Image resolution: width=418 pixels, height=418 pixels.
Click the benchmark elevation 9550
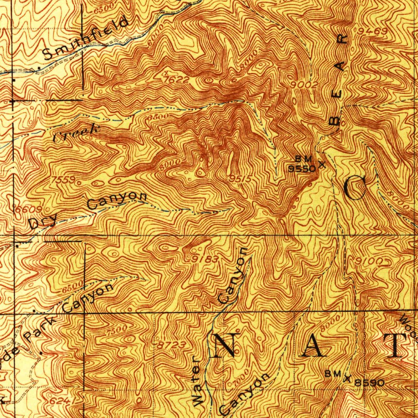point(302,169)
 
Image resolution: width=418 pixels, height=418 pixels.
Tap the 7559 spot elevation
point(64,180)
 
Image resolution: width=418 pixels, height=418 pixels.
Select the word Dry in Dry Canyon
point(39,223)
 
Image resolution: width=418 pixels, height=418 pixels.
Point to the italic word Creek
point(76,133)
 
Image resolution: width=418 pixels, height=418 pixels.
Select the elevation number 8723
point(172,345)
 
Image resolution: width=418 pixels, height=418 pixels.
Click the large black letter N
point(224,345)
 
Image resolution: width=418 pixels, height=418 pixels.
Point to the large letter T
point(396,345)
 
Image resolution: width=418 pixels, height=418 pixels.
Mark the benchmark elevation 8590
point(369,383)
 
